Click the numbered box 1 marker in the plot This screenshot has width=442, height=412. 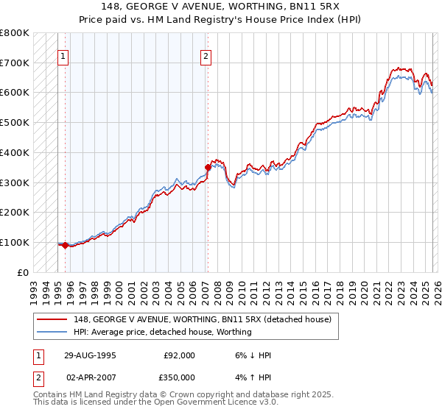click(x=63, y=55)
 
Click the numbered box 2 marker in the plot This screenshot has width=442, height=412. click(x=206, y=55)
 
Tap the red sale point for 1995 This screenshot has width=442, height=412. click(x=66, y=245)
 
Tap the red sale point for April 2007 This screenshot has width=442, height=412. click(x=208, y=167)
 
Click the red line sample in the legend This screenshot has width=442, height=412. click(x=52, y=319)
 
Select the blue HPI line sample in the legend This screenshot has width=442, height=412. click(x=52, y=332)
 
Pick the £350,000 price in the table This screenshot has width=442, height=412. click(x=180, y=376)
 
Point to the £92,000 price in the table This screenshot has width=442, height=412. click(x=180, y=355)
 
